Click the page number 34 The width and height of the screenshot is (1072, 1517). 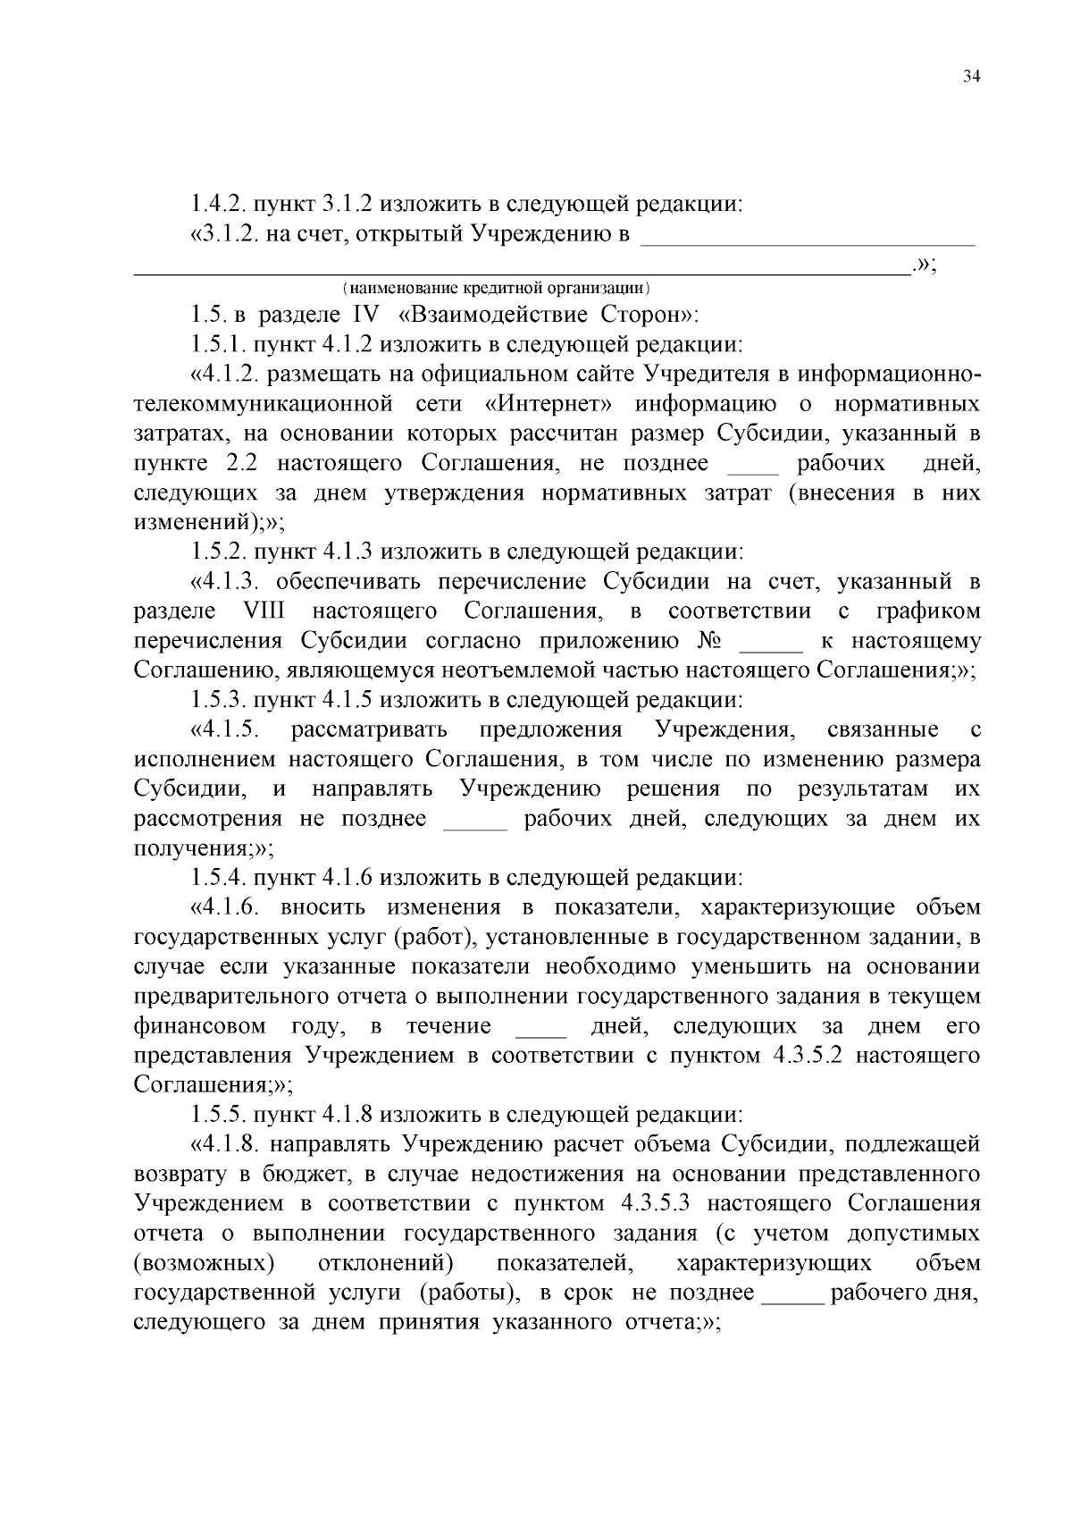(972, 77)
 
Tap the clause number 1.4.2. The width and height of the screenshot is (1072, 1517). (219, 205)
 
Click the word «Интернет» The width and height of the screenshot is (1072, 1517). (549, 404)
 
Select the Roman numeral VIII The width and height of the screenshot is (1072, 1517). (263, 611)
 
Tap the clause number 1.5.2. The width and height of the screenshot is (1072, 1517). (219, 552)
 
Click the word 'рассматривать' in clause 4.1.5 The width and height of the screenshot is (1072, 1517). (368, 729)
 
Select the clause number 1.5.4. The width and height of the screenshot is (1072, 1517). (219, 877)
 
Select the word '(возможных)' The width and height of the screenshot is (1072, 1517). (203, 1263)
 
